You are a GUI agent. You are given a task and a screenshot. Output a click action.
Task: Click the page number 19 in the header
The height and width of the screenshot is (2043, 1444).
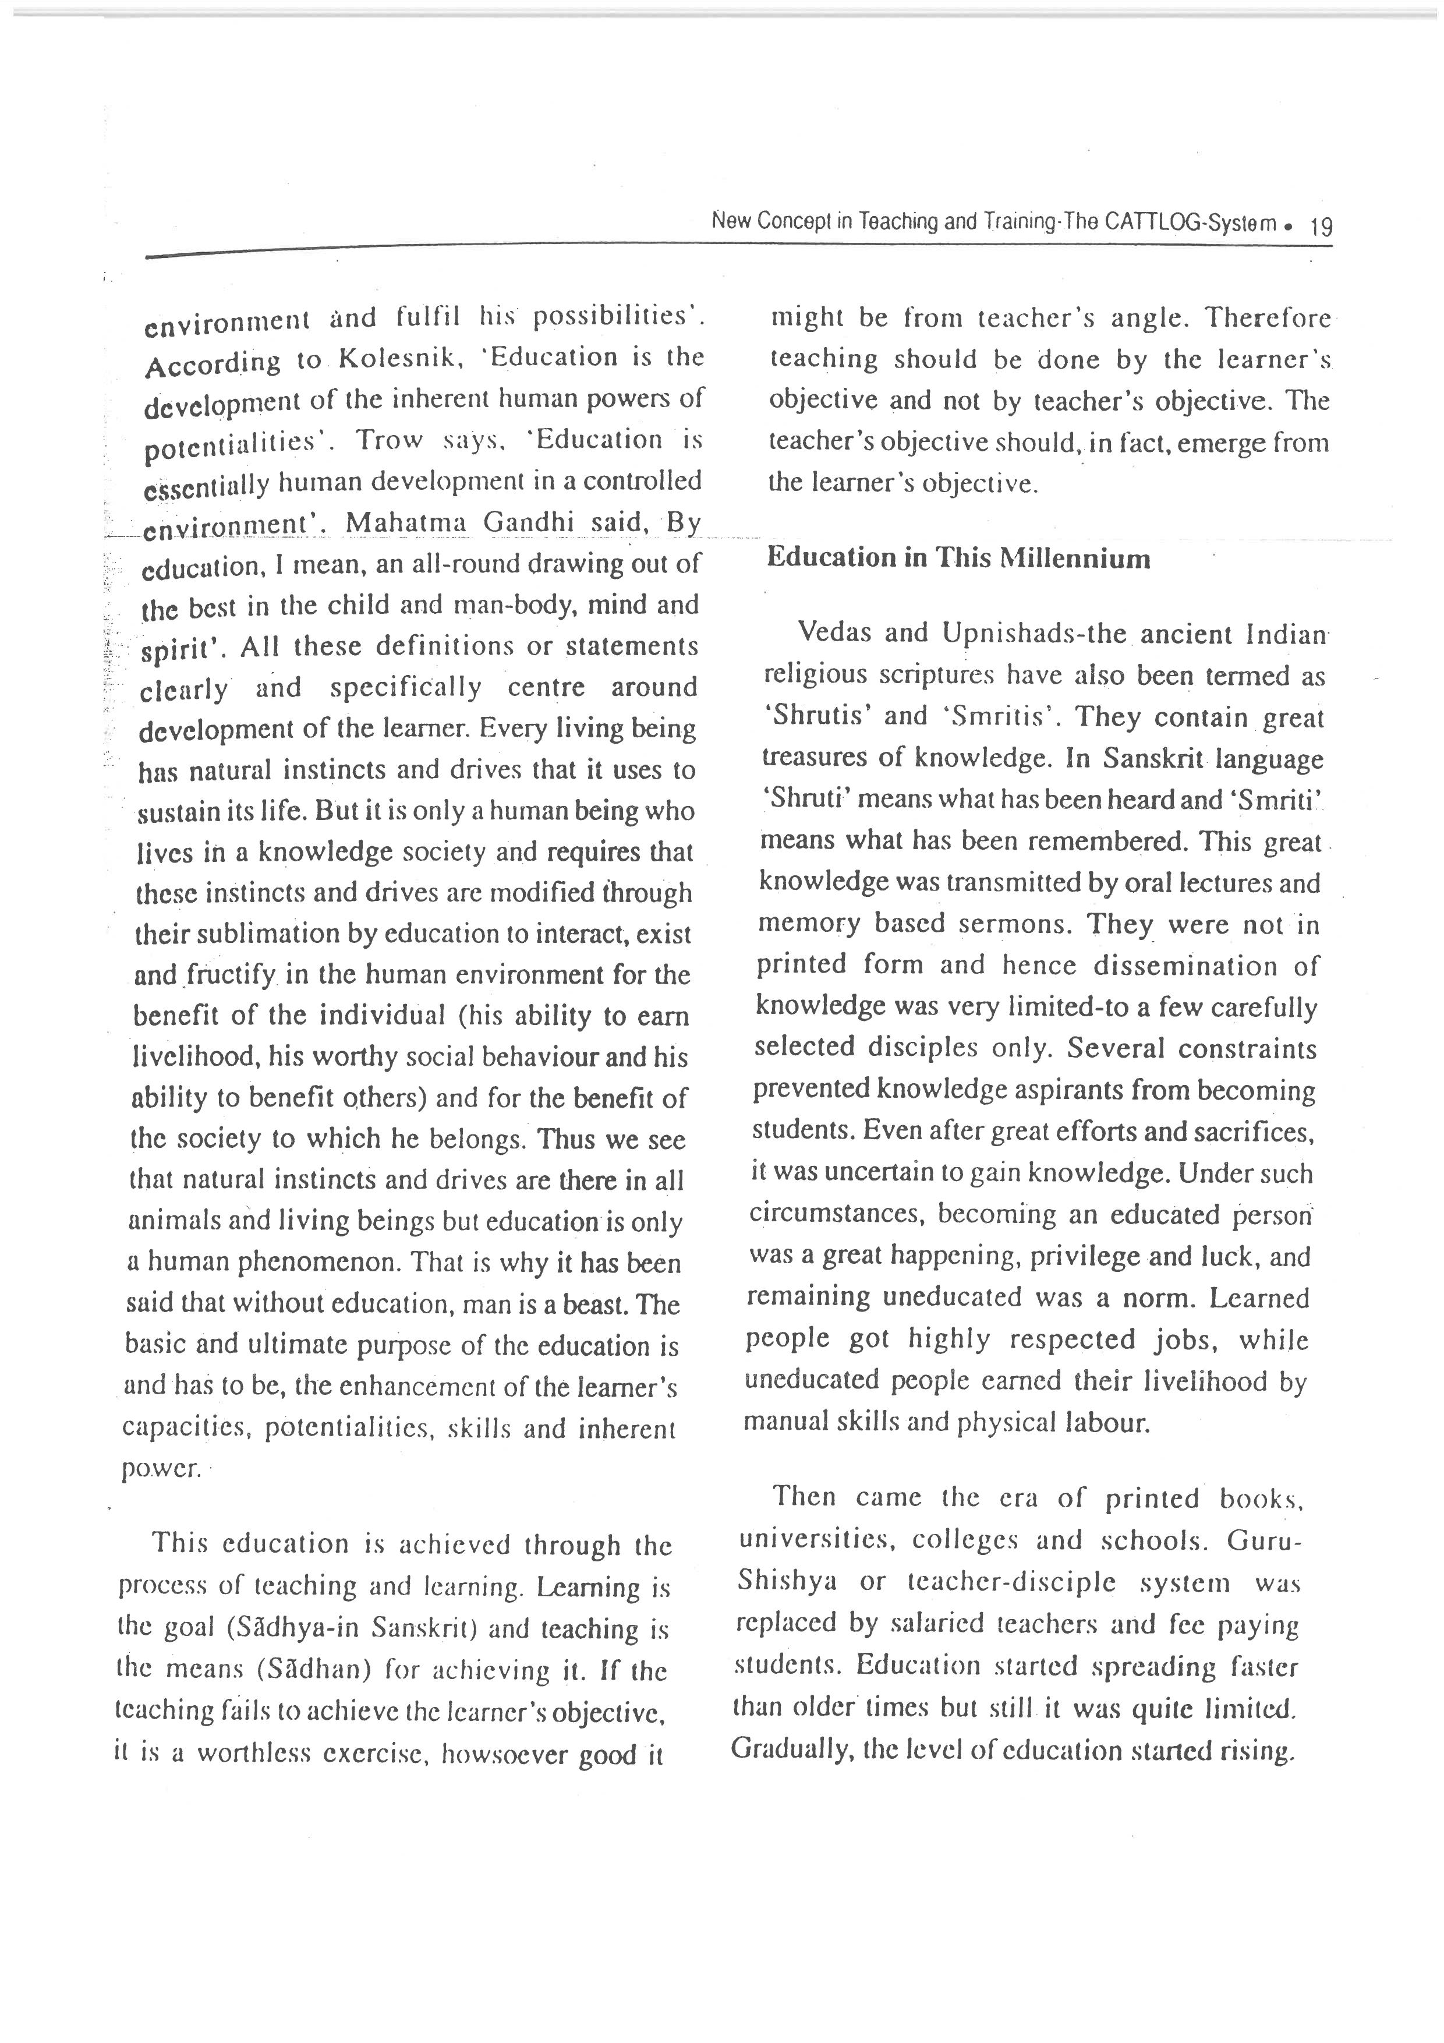pos(1321,226)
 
